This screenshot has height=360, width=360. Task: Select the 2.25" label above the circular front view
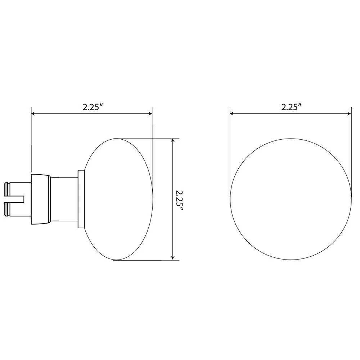pyautogui.click(x=291, y=107)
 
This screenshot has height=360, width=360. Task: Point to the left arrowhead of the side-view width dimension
pyautogui.click(x=33, y=114)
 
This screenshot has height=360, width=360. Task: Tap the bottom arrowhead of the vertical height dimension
pyautogui.click(x=173, y=257)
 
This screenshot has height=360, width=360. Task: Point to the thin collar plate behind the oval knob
pyautogui.click(x=81, y=199)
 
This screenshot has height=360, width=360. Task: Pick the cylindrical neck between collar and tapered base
pyautogui.click(x=64, y=199)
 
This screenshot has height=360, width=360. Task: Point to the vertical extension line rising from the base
pyautogui.click(x=31, y=144)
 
